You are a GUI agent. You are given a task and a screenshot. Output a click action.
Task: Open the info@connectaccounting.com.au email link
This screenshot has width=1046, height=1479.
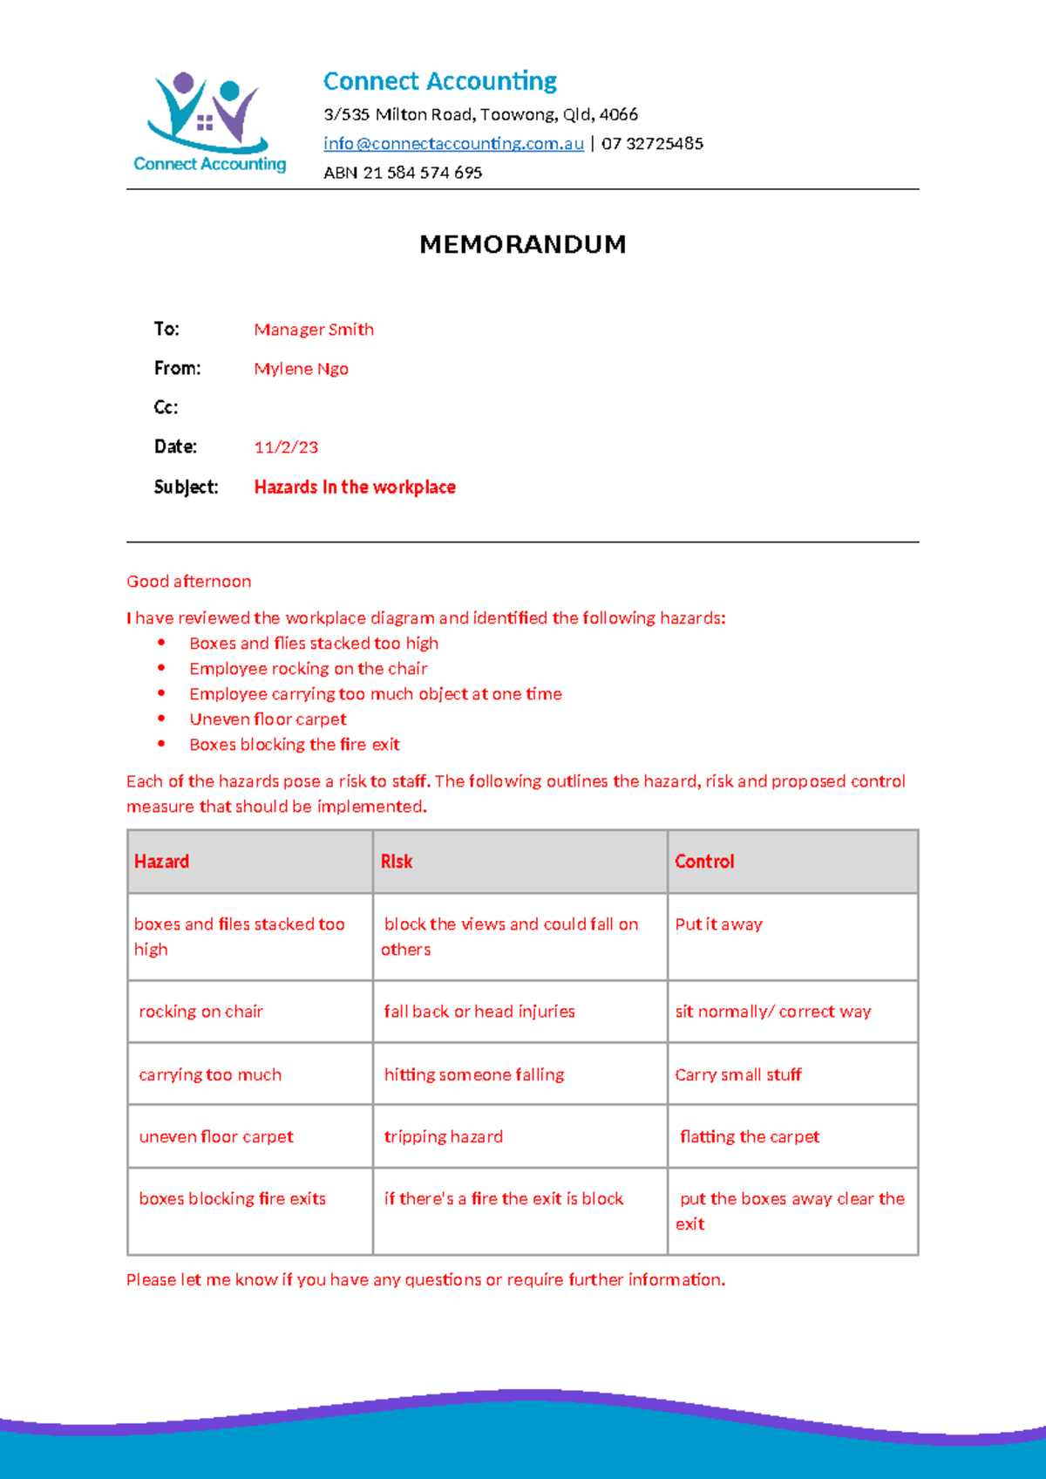[x=453, y=144]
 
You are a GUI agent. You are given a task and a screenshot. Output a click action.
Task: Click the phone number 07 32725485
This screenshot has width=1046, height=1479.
[x=652, y=144]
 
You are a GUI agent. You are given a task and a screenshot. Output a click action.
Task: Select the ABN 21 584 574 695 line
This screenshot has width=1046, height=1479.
[x=403, y=173]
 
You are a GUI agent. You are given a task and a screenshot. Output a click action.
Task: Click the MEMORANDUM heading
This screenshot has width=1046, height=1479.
[x=522, y=244]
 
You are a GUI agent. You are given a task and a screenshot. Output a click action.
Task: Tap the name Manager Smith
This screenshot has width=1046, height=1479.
[x=314, y=330]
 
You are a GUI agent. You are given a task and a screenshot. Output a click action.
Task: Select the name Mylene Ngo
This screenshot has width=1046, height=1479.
[x=301, y=369]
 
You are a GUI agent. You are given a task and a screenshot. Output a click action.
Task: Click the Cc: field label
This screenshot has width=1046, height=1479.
[x=166, y=407]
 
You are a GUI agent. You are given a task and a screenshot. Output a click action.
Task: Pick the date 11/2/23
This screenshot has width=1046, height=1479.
[x=286, y=447]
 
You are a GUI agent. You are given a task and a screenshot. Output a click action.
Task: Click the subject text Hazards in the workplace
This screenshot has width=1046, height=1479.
[x=355, y=487]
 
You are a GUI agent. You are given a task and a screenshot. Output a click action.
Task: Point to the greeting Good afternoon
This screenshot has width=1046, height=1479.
[x=189, y=582]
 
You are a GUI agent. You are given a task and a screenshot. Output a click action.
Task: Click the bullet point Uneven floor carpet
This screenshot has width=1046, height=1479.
[x=268, y=719]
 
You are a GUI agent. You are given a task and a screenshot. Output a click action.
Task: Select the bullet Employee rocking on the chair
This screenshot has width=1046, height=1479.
[x=308, y=669]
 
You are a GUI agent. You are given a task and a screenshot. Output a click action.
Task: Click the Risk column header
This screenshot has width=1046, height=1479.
[x=397, y=862]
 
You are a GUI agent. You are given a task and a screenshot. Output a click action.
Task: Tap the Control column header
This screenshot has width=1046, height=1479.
[x=704, y=862]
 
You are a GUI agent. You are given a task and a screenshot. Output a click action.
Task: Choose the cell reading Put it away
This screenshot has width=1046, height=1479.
[x=718, y=924]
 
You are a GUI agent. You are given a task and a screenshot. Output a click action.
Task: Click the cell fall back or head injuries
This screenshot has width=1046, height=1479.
[x=479, y=1012]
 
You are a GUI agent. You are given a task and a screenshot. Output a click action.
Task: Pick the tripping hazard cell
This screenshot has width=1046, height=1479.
[x=443, y=1137]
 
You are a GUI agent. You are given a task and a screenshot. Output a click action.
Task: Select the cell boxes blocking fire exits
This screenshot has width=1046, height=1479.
[x=232, y=1199]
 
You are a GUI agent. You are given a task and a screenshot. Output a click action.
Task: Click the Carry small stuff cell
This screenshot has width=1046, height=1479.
[x=737, y=1075]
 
